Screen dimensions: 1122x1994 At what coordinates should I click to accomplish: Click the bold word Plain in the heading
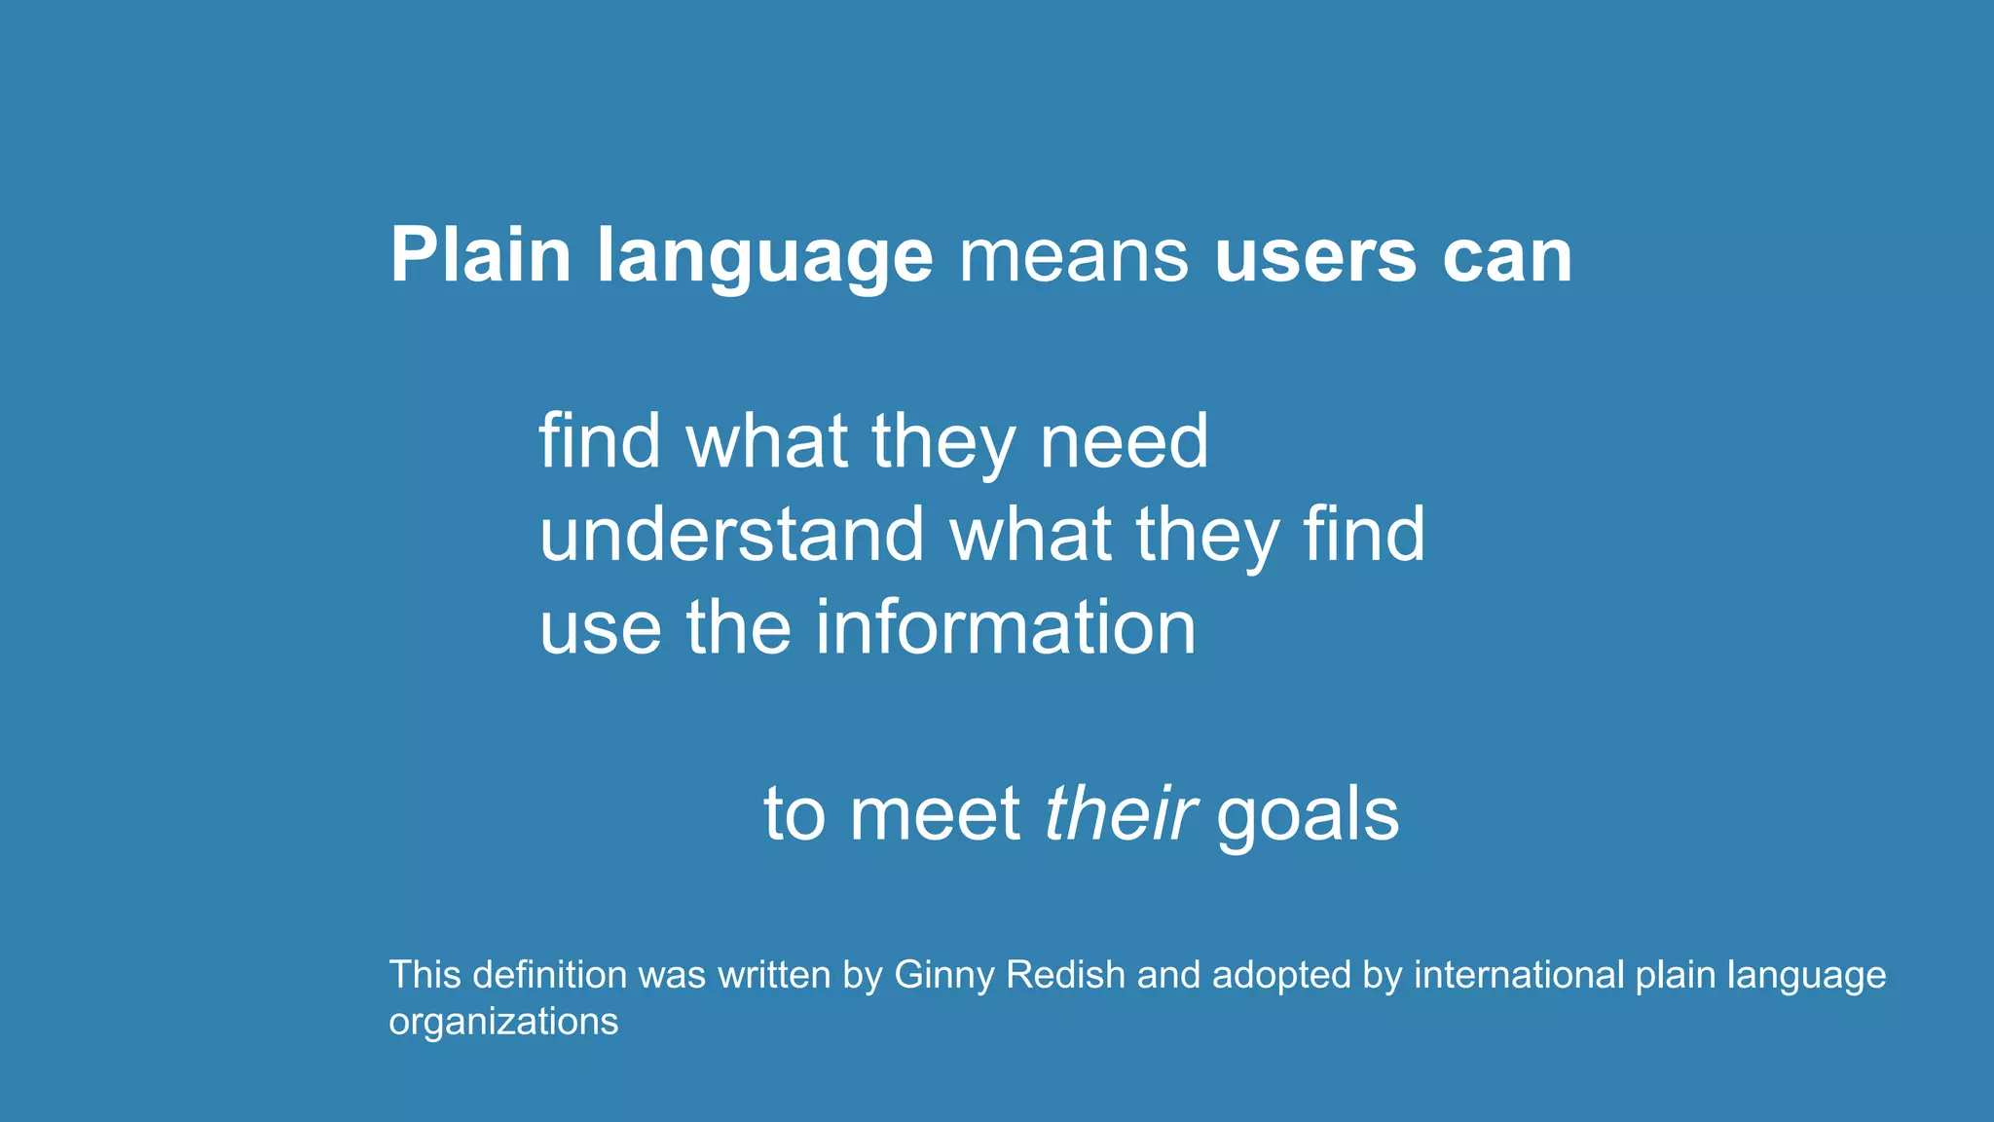[480, 256]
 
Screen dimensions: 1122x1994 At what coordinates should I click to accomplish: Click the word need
[1124, 441]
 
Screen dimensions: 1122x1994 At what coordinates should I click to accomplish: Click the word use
[600, 628]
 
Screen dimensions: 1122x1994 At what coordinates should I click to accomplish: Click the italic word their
[1120, 813]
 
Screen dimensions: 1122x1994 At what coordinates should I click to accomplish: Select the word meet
[935, 813]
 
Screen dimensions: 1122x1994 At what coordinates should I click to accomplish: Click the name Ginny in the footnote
[943, 976]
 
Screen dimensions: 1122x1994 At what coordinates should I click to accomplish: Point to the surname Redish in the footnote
[1065, 975]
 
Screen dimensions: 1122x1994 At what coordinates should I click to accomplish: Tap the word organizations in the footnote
[503, 1022]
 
